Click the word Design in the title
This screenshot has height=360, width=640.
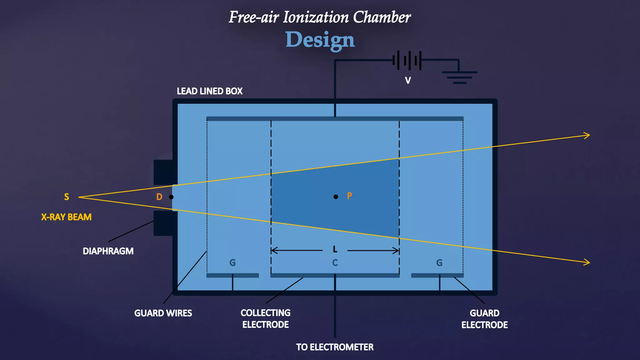[x=320, y=40]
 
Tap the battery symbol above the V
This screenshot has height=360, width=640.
[x=407, y=60]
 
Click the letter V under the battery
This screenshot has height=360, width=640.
[x=408, y=81]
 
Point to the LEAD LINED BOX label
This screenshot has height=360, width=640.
[x=210, y=91]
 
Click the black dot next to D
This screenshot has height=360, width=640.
[x=171, y=197]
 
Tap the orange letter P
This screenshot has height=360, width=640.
[x=349, y=196]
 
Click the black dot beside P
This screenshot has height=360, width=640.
[x=336, y=197]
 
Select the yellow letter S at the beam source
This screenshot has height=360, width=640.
[x=67, y=197]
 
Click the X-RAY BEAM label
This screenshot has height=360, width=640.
[x=66, y=217]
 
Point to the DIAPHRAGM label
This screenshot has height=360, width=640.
[x=108, y=251]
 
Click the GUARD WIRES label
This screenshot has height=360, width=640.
[x=163, y=313]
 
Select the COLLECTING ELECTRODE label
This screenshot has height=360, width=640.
[x=266, y=319]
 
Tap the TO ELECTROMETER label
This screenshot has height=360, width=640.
[x=335, y=347]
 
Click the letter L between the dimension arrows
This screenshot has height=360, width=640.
[x=335, y=249]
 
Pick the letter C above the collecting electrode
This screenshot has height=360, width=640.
[x=335, y=263]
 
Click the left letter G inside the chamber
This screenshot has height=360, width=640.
[x=232, y=263]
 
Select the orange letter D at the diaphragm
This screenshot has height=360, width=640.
[x=159, y=197]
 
